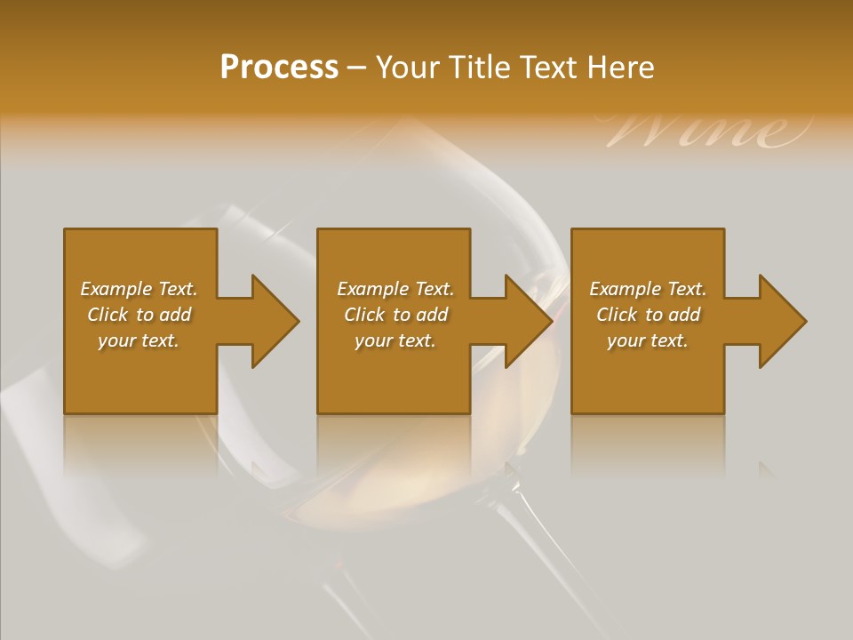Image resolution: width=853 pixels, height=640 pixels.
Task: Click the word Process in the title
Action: pos(279,68)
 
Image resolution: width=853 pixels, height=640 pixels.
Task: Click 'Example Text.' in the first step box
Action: pos(139,289)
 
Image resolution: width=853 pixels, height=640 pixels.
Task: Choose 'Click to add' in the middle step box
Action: pos(395,315)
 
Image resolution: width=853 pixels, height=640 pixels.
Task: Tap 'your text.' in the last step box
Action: pos(647,340)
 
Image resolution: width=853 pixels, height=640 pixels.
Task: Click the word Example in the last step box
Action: pos(625,289)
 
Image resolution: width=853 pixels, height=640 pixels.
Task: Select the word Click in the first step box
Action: pos(108,315)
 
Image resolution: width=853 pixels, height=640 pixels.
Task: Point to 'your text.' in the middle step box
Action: pos(395,340)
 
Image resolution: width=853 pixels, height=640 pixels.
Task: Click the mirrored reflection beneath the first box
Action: pos(140,444)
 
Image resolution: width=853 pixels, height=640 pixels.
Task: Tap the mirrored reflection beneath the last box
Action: pos(647,444)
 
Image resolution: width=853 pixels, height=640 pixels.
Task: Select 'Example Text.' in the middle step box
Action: pos(395,289)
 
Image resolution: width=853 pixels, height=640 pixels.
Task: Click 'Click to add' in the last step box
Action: pos(648,315)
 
